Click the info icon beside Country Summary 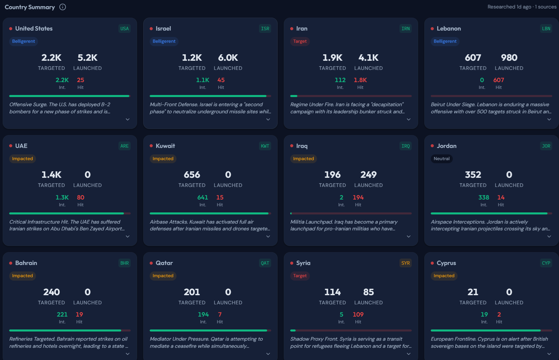point(62,7)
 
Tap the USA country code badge point(125,29)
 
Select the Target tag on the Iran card point(300,41)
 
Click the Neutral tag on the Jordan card point(442,159)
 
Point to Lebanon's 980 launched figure point(509,58)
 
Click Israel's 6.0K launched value point(228,58)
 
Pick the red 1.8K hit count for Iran point(360,80)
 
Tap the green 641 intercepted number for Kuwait point(203,197)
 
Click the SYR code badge point(406,263)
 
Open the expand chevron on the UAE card point(128,236)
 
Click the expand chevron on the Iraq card point(409,236)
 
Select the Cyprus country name point(446,263)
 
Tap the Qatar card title point(164,263)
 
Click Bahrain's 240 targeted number point(52,292)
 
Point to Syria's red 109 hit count point(358,315)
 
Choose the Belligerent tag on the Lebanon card point(445,41)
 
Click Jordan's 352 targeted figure point(473,175)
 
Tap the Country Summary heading point(30,7)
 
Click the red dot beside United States point(11,29)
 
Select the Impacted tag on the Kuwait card point(163,159)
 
